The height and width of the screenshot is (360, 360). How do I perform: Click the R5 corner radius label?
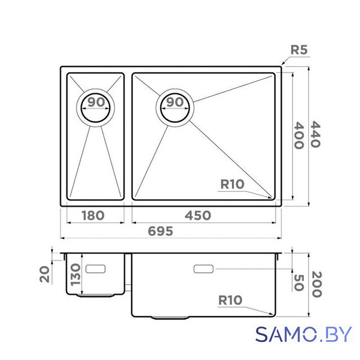click(299, 50)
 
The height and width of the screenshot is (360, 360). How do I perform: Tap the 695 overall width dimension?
click(160, 231)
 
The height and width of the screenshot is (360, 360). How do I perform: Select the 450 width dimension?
click(198, 215)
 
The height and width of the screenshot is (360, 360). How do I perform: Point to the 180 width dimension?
click(93, 215)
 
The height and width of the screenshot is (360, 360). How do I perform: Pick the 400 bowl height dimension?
click(299, 136)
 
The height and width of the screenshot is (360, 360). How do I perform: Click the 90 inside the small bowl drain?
click(96, 102)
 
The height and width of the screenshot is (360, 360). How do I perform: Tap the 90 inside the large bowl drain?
click(175, 102)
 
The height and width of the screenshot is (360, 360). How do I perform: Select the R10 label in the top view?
click(232, 184)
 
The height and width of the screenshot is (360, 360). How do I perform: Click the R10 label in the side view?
click(230, 300)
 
